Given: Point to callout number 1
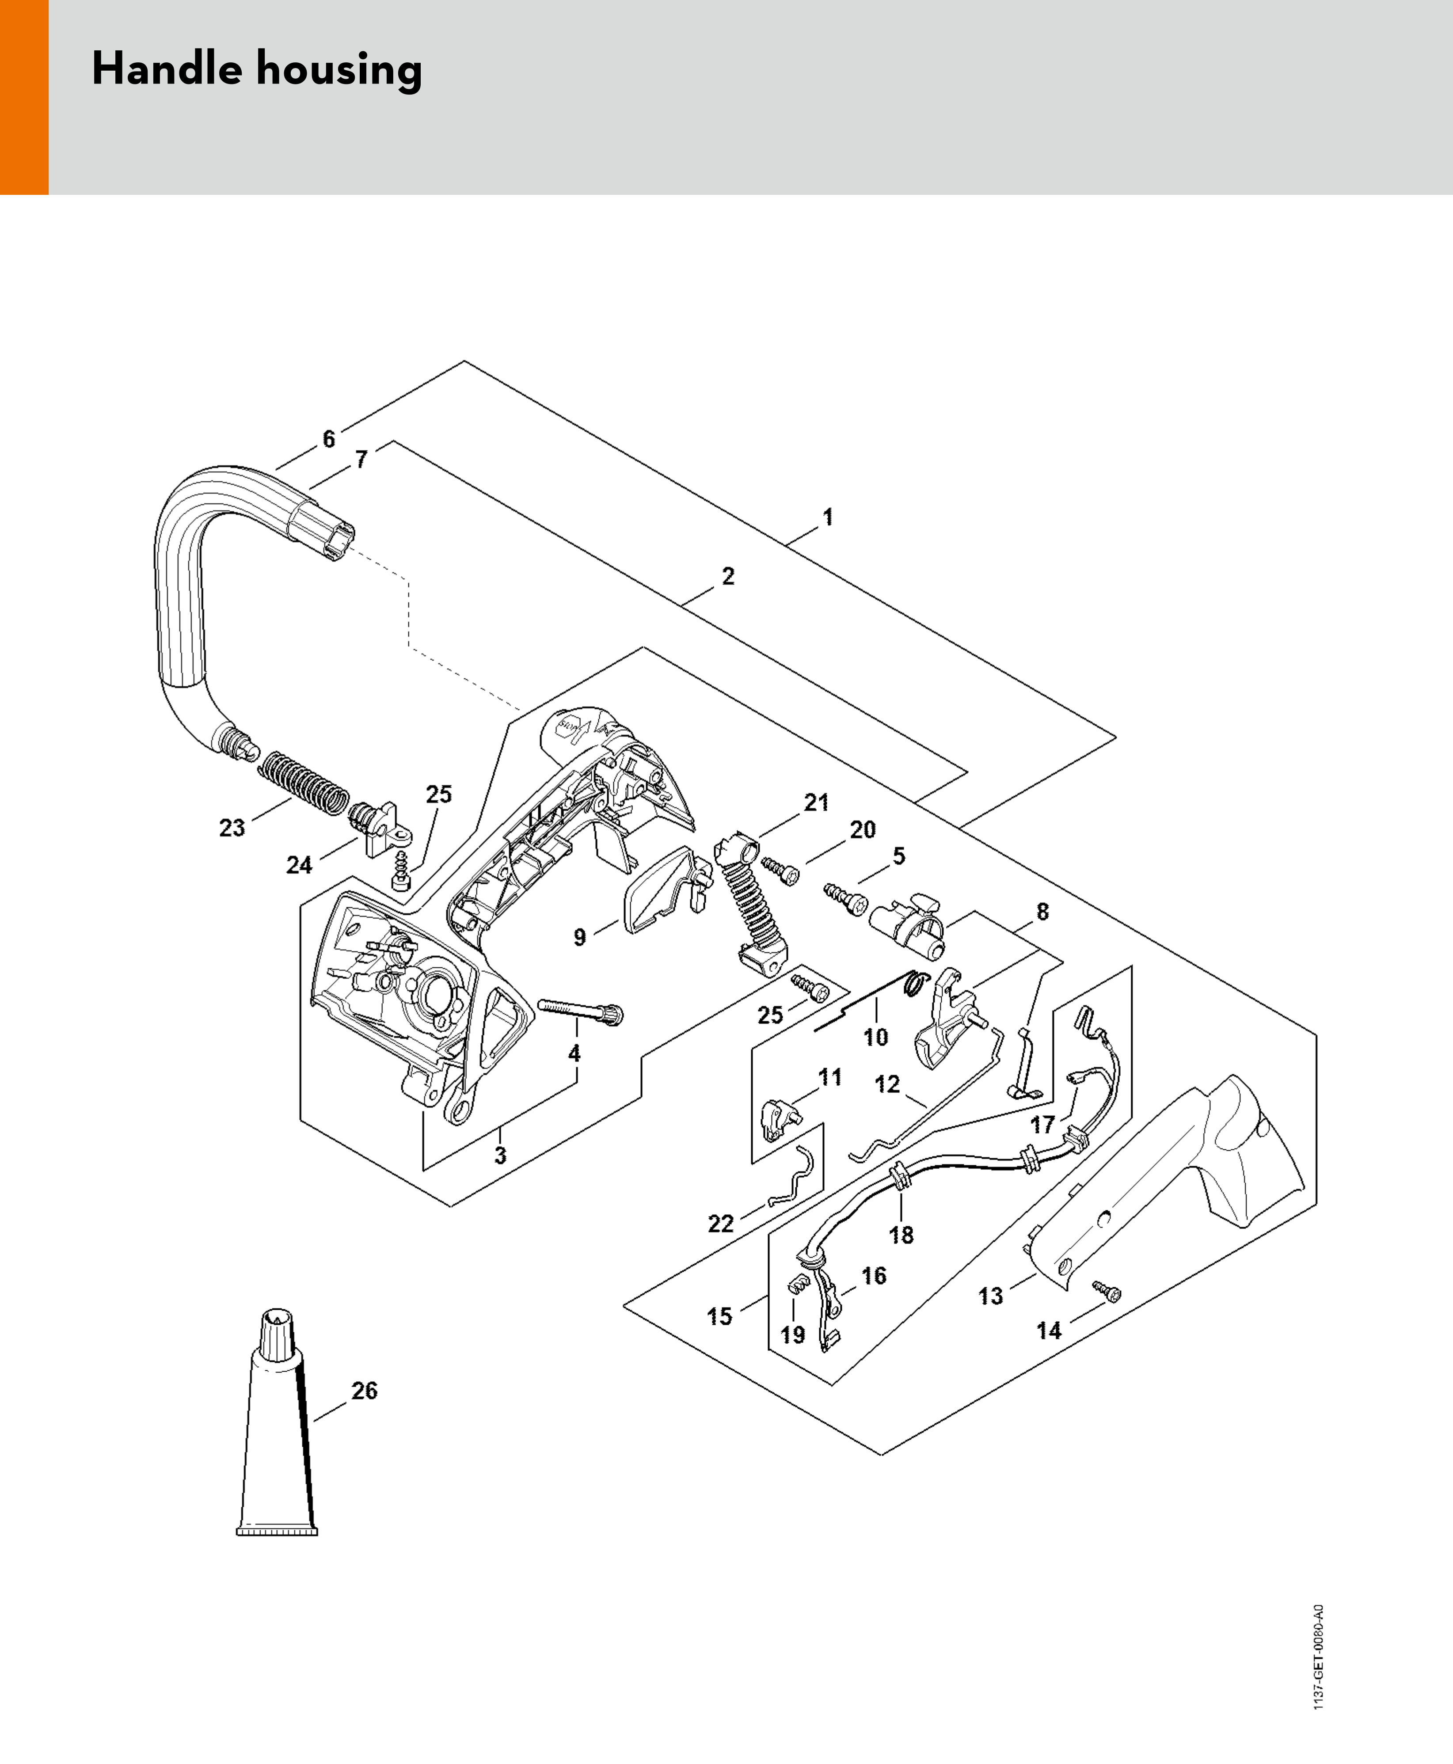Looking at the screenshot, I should (x=828, y=517).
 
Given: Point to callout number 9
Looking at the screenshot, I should (x=579, y=936).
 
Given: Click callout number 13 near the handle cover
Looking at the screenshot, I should (x=990, y=1296).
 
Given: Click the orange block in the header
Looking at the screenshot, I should (x=23, y=97).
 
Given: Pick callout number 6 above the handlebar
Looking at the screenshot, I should (x=329, y=438).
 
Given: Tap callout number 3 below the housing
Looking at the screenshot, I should (x=500, y=1156).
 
